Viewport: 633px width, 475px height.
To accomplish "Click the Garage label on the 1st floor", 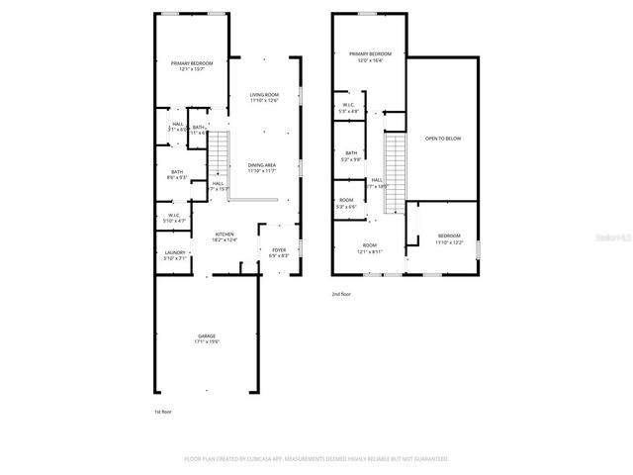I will [x=207, y=338].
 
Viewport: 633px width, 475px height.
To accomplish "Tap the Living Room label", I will [x=264, y=97].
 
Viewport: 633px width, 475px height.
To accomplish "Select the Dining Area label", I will [x=262, y=167].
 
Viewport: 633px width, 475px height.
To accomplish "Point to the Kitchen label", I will [x=225, y=237].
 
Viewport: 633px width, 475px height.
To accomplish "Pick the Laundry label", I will [x=175, y=255].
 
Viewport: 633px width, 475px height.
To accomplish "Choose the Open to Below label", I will [x=443, y=139].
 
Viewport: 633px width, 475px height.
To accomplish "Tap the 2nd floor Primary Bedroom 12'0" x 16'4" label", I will [x=370, y=56].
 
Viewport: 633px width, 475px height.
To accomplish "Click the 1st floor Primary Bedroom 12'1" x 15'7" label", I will [x=192, y=66].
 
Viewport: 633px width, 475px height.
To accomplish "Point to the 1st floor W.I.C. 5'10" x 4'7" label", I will [x=173, y=218].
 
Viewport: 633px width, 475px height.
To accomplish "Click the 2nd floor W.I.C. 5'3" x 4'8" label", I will [x=348, y=108].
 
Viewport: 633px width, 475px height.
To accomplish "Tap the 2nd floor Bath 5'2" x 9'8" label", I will [x=351, y=155].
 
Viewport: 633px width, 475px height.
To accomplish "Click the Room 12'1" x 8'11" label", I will [x=369, y=247].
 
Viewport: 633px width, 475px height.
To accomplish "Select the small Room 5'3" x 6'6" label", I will [x=346, y=204].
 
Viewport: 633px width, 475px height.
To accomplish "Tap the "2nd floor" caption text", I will [x=341, y=294].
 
